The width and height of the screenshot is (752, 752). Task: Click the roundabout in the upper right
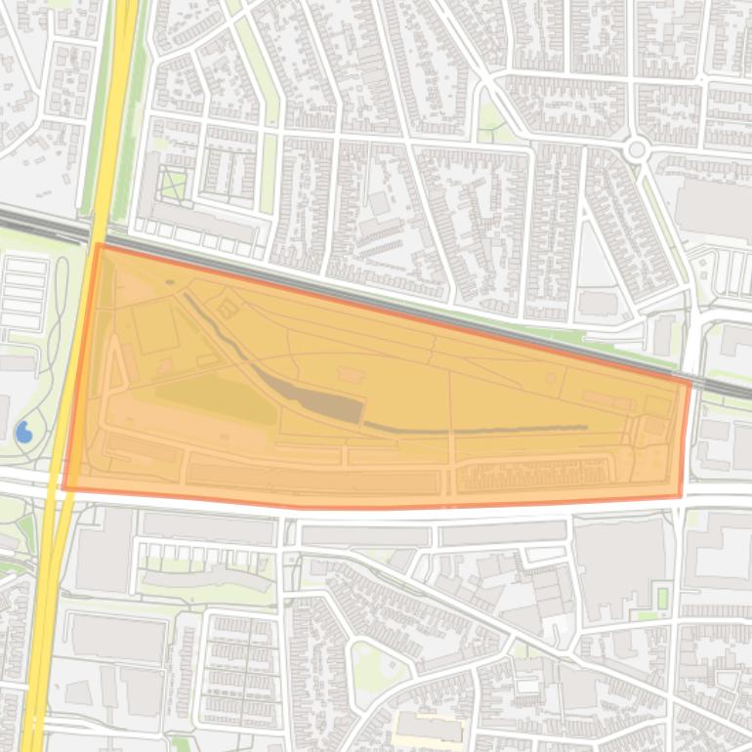pyautogui.click(x=638, y=149)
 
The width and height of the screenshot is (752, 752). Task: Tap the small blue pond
pyautogui.click(x=24, y=431)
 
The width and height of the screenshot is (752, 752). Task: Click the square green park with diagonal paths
pyautogui.click(x=173, y=183)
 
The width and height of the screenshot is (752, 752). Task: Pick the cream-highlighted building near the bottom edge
pyautogui.click(x=428, y=728)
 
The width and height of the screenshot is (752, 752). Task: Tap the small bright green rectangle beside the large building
pyautogui.click(x=663, y=597)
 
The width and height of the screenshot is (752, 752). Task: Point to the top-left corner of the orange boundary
pyautogui.click(x=98, y=244)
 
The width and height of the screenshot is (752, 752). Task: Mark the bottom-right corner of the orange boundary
pyautogui.click(x=680, y=496)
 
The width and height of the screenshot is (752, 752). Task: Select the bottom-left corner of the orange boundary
pyautogui.click(x=64, y=488)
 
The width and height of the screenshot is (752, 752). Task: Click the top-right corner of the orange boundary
pyautogui.click(x=689, y=382)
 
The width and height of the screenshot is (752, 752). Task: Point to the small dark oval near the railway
pyautogui.click(x=169, y=282)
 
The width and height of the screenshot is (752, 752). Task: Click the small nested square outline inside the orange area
pyautogui.click(x=228, y=309)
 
